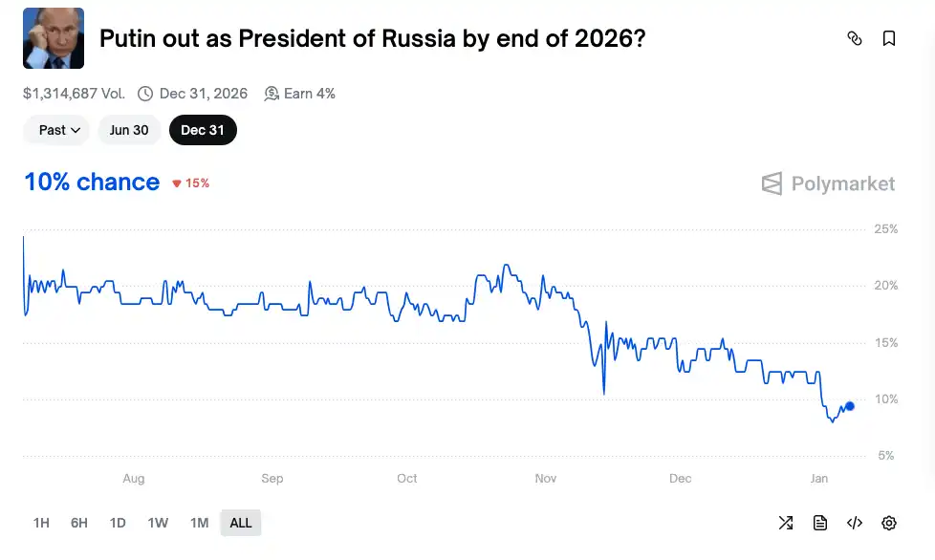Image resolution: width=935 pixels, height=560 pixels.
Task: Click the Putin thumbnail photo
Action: pyautogui.click(x=54, y=38)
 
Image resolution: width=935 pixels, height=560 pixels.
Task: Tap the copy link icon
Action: pyautogui.click(x=855, y=38)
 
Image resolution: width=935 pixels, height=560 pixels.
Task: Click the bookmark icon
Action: pyautogui.click(x=889, y=38)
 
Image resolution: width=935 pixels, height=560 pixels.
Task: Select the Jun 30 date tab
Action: pyautogui.click(x=129, y=130)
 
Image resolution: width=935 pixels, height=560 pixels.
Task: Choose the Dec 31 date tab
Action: pyautogui.click(x=203, y=130)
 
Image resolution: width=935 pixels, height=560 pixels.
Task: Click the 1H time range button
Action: pyautogui.click(x=41, y=523)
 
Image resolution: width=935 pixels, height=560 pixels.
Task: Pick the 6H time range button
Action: pyautogui.click(x=78, y=523)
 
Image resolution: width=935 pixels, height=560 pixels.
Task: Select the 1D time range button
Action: pyautogui.click(x=118, y=523)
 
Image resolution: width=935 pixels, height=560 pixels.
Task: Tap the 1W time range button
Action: pyautogui.click(x=158, y=523)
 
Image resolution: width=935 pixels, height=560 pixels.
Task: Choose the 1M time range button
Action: pyautogui.click(x=199, y=523)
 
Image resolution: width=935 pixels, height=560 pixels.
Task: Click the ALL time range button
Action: pyautogui.click(x=241, y=523)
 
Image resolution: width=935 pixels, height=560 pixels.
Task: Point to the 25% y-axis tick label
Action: pyautogui.click(x=886, y=229)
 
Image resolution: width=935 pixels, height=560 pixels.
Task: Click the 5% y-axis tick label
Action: pyautogui.click(x=885, y=456)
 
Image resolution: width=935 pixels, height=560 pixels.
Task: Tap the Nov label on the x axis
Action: pyautogui.click(x=545, y=478)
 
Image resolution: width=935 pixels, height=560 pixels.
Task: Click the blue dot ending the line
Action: pyautogui.click(x=850, y=406)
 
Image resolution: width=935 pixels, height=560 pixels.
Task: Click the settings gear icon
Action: pyautogui.click(x=889, y=523)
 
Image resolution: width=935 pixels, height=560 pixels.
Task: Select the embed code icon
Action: pyautogui.click(x=855, y=523)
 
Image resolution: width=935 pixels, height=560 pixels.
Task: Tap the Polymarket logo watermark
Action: pyautogui.click(x=828, y=183)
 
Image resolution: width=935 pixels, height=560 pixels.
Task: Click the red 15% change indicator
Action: pyautogui.click(x=190, y=183)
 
